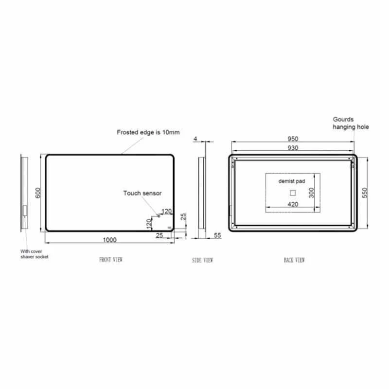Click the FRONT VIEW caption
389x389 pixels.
click(x=111, y=260)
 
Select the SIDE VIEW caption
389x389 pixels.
click(x=203, y=260)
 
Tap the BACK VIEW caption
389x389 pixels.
click(x=294, y=260)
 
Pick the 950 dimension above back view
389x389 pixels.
click(x=292, y=138)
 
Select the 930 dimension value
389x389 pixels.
click(x=292, y=148)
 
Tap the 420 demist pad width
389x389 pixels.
click(x=292, y=204)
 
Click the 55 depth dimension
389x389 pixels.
click(x=217, y=235)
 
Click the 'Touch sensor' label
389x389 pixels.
click(x=142, y=193)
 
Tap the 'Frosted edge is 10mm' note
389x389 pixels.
click(x=148, y=132)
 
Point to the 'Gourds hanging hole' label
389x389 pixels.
click(x=351, y=123)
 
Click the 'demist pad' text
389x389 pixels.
click(x=292, y=181)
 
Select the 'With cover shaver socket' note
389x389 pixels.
click(x=34, y=254)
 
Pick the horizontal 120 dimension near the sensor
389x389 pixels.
click(x=167, y=211)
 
